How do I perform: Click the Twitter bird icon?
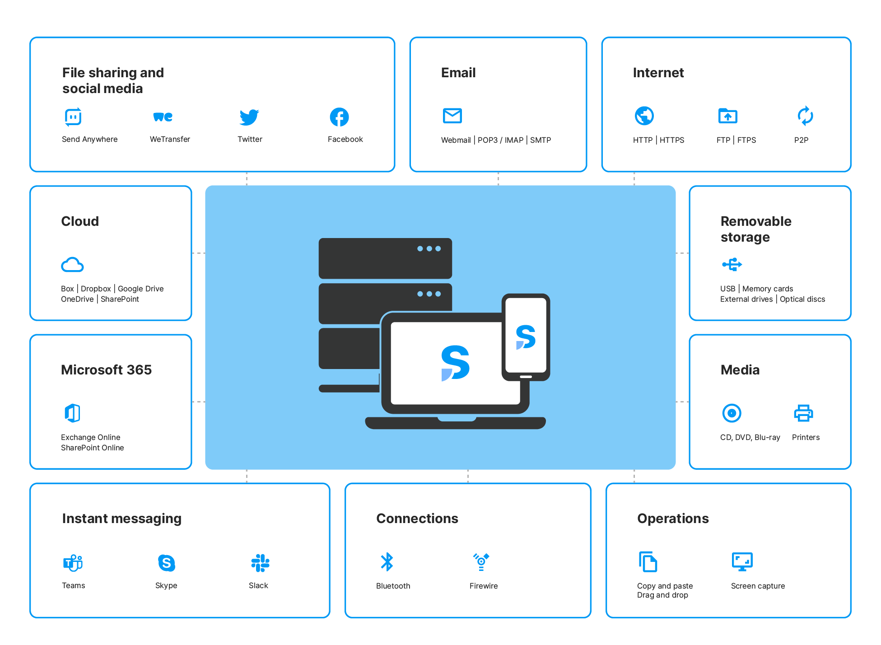click(x=249, y=117)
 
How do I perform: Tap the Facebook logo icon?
click(x=339, y=117)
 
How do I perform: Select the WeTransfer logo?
click(x=163, y=117)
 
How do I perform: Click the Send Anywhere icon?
click(x=73, y=117)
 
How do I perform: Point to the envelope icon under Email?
click(x=452, y=116)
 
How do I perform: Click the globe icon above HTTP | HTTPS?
click(x=644, y=116)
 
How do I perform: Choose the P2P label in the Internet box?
click(x=801, y=140)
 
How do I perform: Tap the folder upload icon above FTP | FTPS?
click(x=727, y=116)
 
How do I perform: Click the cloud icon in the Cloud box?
click(x=72, y=265)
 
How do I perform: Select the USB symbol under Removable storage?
click(x=732, y=264)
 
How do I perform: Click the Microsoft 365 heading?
click(x=106, y=370)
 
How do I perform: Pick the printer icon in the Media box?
click(x=803, y=413)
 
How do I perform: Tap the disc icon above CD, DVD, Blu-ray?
click(x=732, y=413)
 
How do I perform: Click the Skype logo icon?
click(x=166, y=563)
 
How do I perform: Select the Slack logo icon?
click(x=260, y=563)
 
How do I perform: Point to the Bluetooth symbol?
click(x=387, y=562)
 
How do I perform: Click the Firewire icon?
click(x=481, y=562)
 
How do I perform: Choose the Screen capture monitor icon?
click(x=742, y=562)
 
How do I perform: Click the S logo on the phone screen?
click(x=526, y=337)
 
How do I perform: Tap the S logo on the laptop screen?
click(x=455, y=363)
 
